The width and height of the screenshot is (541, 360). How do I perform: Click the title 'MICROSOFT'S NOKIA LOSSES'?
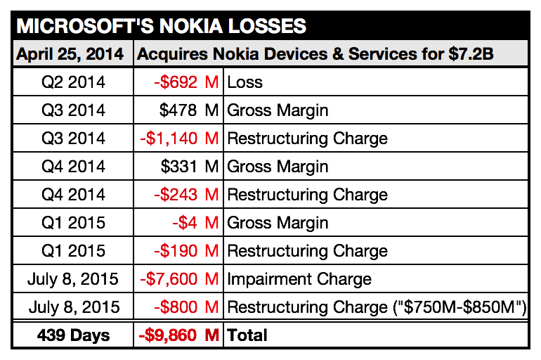(161, 27)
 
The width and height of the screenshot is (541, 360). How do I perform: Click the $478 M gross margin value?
(190, 110)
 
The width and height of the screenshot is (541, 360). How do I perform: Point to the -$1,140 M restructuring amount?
(180, 139)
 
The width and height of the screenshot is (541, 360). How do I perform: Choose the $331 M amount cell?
(190, 167)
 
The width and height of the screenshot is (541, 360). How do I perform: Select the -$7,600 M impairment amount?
(180, 279)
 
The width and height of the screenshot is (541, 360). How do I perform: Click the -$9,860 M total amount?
(178, 335)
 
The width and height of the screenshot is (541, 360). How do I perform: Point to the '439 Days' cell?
(73, 335)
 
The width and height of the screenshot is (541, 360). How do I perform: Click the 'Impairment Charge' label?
(299, 279)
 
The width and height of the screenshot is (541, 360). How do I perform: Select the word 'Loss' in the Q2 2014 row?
(245, 82)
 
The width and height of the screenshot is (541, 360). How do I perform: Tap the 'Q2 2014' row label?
(73, 82)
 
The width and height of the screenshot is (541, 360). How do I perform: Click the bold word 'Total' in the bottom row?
(247, 335)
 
